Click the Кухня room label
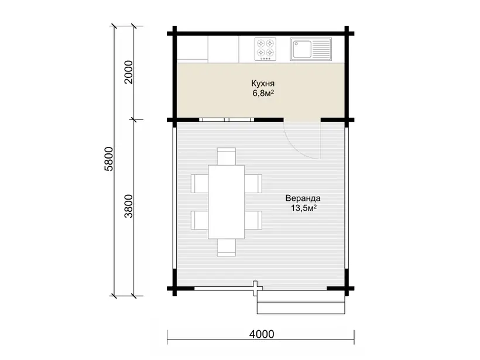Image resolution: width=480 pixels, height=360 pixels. [x=263, y=84]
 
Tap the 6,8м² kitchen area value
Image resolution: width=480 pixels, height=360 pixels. [x=263, y=94]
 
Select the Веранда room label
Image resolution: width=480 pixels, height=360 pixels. [x=303, y=198]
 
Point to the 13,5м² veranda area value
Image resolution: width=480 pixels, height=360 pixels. [x=303, y=208]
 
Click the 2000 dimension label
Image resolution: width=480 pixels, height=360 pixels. [x=129, y=72]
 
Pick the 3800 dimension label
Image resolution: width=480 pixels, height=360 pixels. [x=129, y=206]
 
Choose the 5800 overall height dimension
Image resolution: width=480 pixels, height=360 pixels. [x=109, y=159]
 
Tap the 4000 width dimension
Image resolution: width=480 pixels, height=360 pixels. [x=262, y=334]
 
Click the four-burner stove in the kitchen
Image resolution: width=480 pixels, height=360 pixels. [x=265, y=49]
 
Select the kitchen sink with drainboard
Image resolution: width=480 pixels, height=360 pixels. [x=311, y=49]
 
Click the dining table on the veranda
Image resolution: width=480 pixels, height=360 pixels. [x=226, y=202]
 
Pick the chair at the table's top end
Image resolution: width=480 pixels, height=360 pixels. [x=226, y=156]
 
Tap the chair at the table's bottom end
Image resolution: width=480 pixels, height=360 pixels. [x=226, y=248]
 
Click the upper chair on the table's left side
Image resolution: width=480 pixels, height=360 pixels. [x=200, y=184]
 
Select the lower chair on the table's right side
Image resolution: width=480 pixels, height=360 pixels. [x=253, y=220]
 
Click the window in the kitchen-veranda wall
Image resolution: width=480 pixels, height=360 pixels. [x=227, y=119]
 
